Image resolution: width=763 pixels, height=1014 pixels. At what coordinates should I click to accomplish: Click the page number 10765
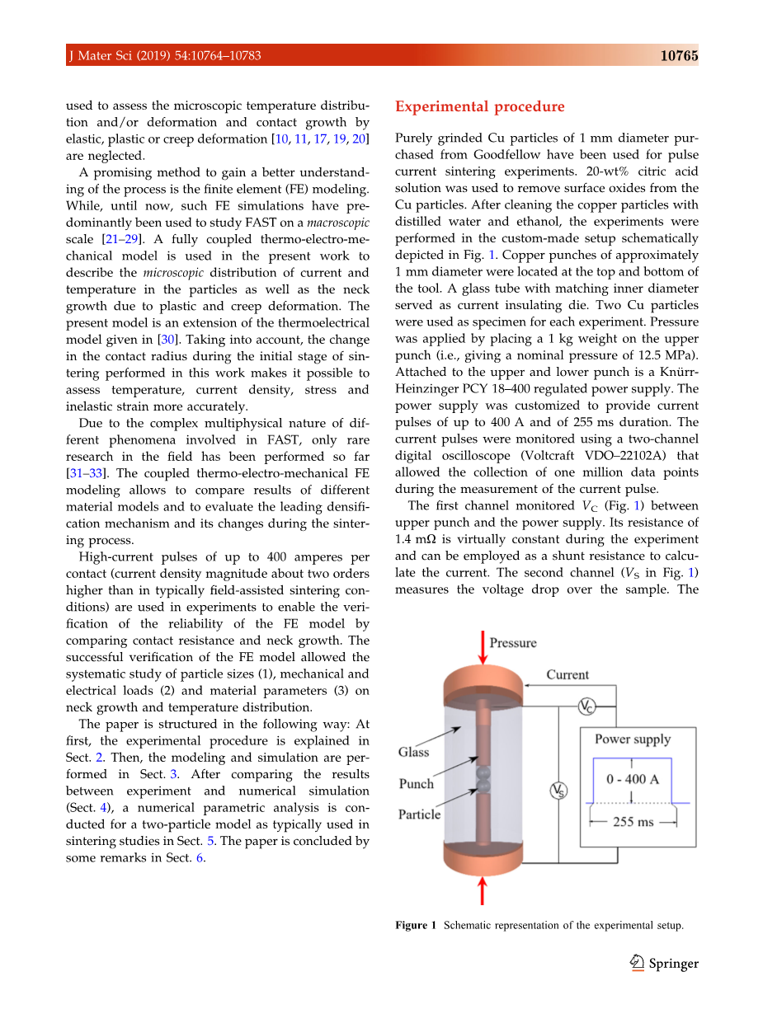[679, 56]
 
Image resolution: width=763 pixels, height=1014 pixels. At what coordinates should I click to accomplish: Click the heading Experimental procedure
[480, 106]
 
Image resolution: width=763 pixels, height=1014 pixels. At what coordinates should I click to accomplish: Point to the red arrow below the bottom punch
[483, 891]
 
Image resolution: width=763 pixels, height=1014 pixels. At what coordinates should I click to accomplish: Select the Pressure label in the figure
[513, 643]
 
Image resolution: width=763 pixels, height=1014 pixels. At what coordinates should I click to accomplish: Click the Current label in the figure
[568, 674]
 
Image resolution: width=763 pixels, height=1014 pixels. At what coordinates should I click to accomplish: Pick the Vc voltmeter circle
[585, 707]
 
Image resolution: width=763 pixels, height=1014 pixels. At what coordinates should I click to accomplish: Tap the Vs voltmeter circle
[558, 791]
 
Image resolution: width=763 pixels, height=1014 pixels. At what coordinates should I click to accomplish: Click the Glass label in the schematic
[413, 752]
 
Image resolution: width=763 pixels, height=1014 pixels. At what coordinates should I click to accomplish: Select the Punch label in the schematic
[416, 784]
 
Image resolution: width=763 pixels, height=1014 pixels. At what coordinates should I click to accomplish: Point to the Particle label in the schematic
[419, 814]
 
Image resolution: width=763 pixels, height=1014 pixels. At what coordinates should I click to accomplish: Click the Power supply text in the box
[633, 739]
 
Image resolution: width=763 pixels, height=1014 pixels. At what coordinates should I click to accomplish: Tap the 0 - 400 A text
[633, 779]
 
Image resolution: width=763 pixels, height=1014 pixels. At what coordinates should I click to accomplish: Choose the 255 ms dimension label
[633, 822]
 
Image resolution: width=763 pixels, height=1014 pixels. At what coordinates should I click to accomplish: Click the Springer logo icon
[637, 963]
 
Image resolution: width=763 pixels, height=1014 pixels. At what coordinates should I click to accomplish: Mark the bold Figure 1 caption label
[416, 925]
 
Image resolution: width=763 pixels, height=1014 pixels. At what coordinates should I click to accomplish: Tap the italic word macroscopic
[339, 223]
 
